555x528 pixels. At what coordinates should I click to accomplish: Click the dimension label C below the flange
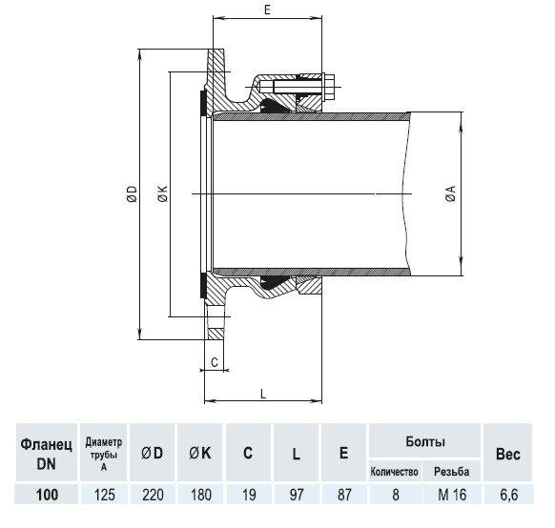point(215,362)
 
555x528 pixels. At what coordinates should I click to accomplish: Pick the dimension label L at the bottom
point(262,392)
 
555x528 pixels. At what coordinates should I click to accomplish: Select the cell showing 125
point(105,495)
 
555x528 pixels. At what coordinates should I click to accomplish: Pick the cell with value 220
point(153,495)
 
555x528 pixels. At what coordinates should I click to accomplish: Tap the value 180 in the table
point(200,495)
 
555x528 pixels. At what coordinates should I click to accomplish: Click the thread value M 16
point(451,495)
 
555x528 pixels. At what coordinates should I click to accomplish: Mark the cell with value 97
point(297,495)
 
